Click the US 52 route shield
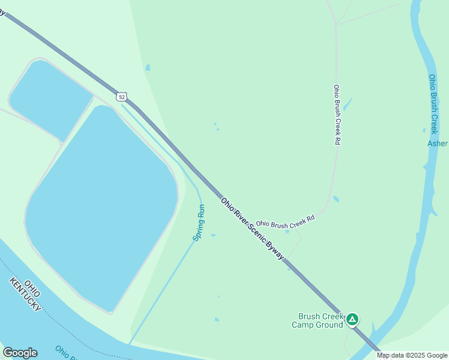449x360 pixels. click(122, 96)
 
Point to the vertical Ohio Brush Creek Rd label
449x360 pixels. click(337, 115)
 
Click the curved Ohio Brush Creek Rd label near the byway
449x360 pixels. click(286, 222)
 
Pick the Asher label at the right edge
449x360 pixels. click(438, 143)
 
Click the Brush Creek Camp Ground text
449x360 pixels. click(318, 320)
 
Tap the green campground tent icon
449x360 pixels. click(352, 319)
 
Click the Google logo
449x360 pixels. click(20, 353)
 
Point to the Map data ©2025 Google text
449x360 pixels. click(412, 355)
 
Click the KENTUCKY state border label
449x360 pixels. click(25, 295)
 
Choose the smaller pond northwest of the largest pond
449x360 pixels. click(49, 98)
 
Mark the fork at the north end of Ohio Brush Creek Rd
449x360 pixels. click(336, 25)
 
